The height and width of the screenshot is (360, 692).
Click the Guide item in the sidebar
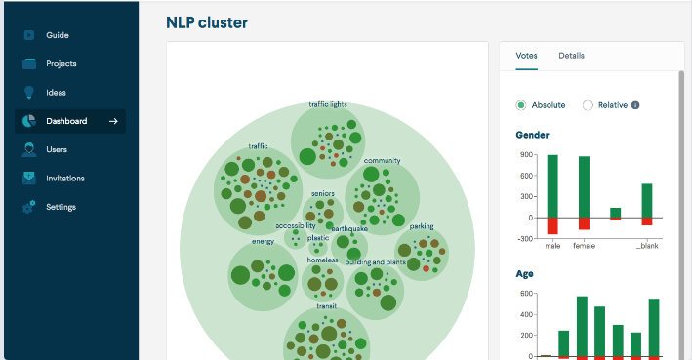point(58,35)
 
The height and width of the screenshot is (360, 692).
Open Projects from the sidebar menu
point(61,64)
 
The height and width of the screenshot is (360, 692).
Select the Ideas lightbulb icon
point(29,93)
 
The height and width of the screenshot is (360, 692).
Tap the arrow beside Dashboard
point(113,121)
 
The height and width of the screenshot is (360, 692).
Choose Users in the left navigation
point(57,149)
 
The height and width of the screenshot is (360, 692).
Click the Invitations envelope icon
point(29,179)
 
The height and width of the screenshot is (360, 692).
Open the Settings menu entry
point(61,207)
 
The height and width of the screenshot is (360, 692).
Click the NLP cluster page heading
point(207,22)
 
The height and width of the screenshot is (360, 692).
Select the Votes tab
point(526,56)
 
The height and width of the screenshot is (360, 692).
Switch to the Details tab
point(572,56)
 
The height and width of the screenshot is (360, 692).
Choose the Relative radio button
point(588,105)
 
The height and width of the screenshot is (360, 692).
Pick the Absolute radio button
point(521,105)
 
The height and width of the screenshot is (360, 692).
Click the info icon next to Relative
point(635,105)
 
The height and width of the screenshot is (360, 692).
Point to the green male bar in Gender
point(552,186)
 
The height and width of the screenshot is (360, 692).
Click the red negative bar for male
point(552,226)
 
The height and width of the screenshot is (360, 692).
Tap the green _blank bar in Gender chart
point(647,201)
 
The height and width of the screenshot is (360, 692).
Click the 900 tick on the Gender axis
point(526,155)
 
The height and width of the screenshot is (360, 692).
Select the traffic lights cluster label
point(328,104)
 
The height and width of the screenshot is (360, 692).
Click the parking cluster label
point(422,226)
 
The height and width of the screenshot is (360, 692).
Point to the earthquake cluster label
point(349,228)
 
